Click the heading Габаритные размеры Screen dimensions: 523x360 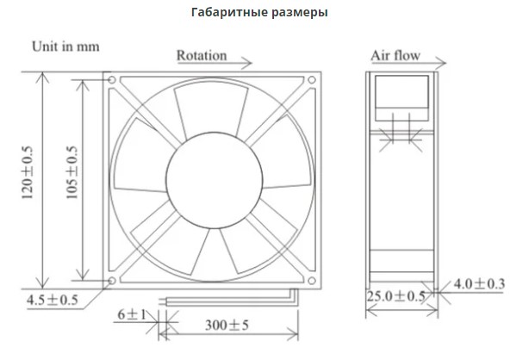[259, 12]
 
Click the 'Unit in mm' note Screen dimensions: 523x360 [65, 47]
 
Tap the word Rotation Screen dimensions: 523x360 [202, 55]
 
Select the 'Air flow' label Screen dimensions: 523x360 [395, 55]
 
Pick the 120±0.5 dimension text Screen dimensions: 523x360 [28, 172]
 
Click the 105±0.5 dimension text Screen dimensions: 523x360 [72, 172]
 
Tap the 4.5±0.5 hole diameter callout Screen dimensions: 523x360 [52, 300]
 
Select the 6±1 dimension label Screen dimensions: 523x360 [132, 314]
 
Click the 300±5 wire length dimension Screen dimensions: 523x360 [227, 325]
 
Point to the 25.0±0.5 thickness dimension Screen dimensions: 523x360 [396, 296]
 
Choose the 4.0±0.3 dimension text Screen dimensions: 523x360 [479, 284]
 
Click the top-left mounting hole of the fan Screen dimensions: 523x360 [112, 80]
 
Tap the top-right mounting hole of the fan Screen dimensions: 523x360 [312, 80]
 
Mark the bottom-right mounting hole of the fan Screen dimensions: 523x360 [312, 281]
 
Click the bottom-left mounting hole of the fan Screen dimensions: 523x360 [112, 281]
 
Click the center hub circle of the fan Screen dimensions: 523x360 [215, 180]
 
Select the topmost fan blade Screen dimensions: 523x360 [211, 109]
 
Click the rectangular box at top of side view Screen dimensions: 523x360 [402, 98]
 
